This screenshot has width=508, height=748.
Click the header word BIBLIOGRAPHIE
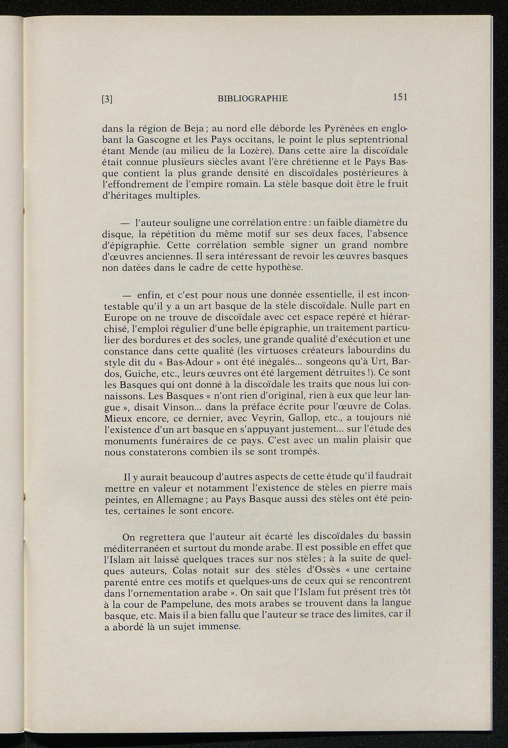click(253, 98)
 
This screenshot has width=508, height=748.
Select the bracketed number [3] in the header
click(107, 99)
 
